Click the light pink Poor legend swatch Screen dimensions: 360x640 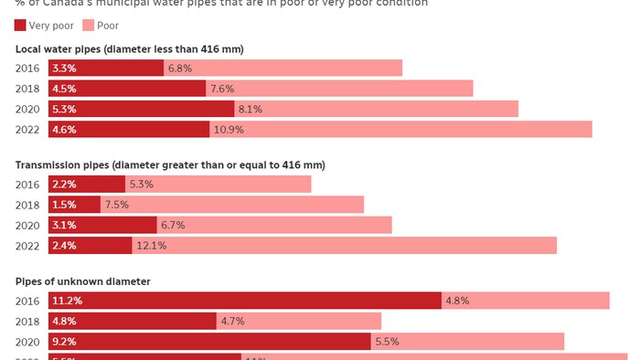[x=88, y=26]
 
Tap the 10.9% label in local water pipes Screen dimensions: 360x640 [x=228, y=130]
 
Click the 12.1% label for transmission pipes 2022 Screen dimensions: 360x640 [x=150, y=246]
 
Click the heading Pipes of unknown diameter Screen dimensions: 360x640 [x=83, y=281]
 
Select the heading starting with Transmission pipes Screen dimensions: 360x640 [x=170, y=164]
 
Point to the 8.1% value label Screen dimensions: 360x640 [x=250, y=110]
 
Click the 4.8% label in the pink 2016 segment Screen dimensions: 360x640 [x=457, y=301]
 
